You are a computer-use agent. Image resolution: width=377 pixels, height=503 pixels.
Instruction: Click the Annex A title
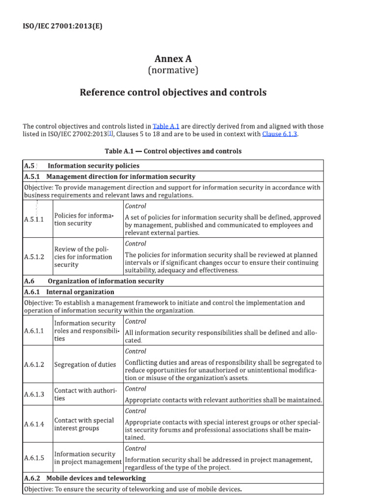(x=173, y=58)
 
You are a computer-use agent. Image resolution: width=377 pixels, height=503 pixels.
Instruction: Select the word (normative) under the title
(x=173, y=71)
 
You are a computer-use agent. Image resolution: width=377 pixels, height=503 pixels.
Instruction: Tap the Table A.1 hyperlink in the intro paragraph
(x=165, y=126)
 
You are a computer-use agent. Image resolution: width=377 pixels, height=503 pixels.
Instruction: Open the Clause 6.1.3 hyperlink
(x=279, y=134)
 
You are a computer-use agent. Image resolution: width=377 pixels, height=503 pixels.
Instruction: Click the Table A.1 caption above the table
(x=173, y=151)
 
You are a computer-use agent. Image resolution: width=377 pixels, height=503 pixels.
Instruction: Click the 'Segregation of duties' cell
(x=85, y=364)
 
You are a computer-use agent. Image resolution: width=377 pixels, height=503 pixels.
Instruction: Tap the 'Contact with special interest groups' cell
(x=84, y=424)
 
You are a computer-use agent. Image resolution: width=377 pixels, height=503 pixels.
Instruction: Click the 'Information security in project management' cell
(x=87, y=458)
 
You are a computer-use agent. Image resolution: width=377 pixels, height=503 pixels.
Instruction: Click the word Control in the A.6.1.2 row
(x=135, y=351)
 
